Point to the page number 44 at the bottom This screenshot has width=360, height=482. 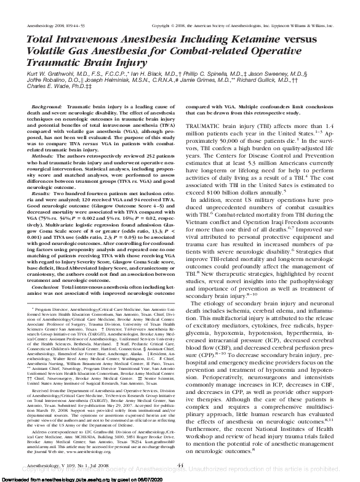pyautogui.click(x=180, y=465)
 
